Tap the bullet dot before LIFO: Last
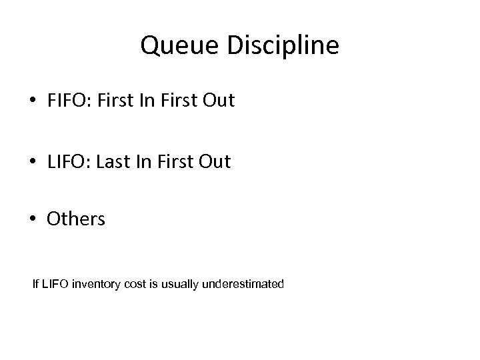33,162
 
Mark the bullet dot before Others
33,219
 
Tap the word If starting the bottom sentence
36,285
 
